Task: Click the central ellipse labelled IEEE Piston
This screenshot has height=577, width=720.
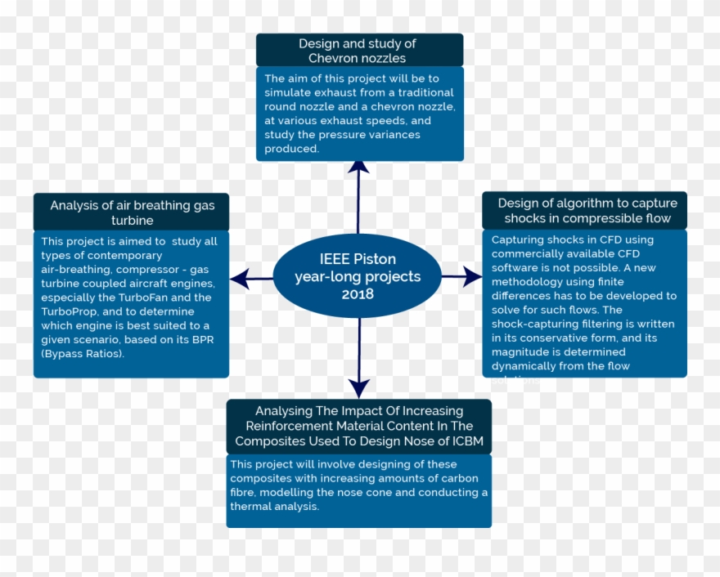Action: coord(358,276)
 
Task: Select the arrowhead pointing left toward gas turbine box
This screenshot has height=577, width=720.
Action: coord(239,279)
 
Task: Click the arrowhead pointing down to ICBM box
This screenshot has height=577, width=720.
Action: coord(358,387)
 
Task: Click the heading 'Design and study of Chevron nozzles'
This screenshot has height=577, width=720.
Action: coord(358,51)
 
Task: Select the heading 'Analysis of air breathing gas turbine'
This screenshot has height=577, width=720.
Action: coord(132,212)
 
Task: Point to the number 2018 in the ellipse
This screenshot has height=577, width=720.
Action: coord(358,293)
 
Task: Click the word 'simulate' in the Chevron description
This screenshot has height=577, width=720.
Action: coord(289,93)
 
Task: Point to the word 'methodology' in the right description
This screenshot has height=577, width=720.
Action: coord(528,282)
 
